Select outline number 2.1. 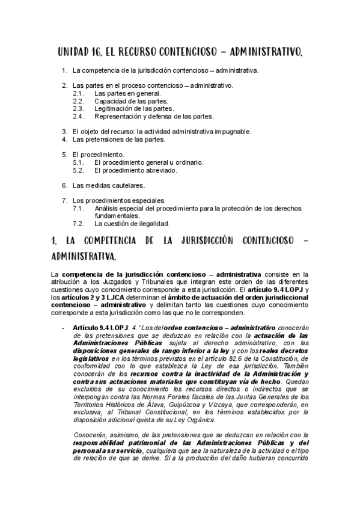78,94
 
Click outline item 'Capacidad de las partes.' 131,101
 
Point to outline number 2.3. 78,109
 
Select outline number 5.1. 78,162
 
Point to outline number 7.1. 78,208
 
